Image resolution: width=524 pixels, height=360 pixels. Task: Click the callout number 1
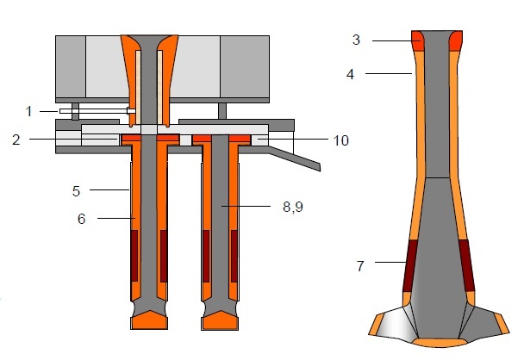(x=28, y=110)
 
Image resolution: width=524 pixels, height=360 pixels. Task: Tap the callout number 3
(x=355, y=39)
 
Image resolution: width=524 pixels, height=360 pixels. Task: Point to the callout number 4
(x=351, y=74)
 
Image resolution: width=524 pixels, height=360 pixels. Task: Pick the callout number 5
(x=76, y=189)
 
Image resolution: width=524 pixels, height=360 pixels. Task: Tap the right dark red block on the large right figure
(x=466, y=265)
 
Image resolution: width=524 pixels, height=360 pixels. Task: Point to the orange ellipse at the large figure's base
(x=439, y=342)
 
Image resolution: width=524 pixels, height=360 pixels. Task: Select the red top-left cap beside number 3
(x=418, y=40)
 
